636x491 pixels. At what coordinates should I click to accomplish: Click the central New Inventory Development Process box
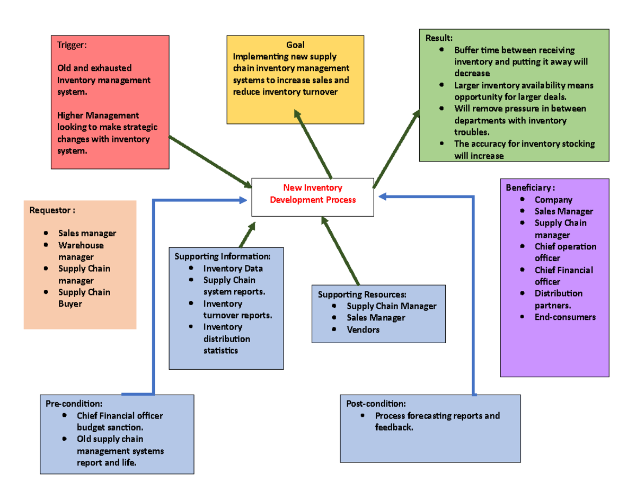(312, 197)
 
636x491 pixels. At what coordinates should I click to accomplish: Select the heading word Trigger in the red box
(71, 45)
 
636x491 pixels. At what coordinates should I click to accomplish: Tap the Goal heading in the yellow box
(295, 45)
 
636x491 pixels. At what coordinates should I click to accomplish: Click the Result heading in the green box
(439, 38)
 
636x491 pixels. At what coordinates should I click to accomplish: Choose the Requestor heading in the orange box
(52, 210)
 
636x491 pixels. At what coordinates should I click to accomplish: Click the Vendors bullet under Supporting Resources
(363, 329)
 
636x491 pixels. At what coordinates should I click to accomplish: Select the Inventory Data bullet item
(233, 269)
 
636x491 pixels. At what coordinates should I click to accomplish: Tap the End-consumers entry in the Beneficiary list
(565, 317)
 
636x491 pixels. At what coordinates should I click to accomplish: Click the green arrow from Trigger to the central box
(210, 161)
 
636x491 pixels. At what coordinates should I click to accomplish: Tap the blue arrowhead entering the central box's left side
(243, 200)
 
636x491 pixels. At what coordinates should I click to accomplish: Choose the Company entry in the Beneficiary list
(553, 200)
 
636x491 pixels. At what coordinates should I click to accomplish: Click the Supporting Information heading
(223, 257)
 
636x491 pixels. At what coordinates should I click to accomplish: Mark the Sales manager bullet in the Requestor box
(87, 233)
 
